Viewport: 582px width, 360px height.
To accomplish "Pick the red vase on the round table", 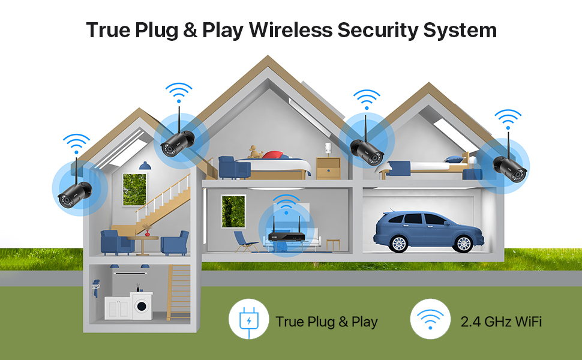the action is pyautogui.click(x=144, y=230).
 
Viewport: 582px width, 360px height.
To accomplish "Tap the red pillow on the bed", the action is pyautogui.click(x=272, y=155).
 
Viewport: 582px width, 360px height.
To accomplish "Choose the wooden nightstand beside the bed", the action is pyautogui.click(x=328, y=168).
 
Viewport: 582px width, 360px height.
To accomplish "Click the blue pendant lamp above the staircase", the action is pyautogui.click(x=145, y=166).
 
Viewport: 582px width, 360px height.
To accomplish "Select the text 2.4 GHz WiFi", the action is pyautogui.click(x=501, y=322).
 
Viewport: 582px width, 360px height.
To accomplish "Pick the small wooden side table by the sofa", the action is pyautogui.click(x=333, y=244).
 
